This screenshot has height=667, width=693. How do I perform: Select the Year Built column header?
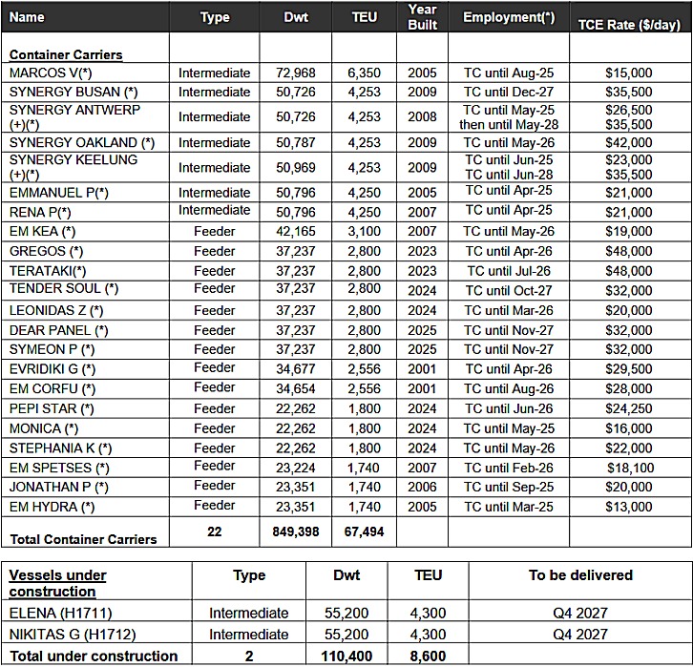(422, 16)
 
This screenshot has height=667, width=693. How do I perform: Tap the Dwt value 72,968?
(296, 73)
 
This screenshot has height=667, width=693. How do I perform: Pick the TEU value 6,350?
(364, 73)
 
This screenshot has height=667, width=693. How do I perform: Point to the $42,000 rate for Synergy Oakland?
(628, 142)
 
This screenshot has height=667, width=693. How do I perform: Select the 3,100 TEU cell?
(364, 231)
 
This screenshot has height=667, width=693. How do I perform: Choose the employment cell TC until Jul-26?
(510, 271)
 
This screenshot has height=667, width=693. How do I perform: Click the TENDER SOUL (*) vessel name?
(64, 288)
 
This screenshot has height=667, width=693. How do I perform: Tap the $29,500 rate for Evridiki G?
(628, 368)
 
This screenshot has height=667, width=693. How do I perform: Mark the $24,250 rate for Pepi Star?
(628, 408)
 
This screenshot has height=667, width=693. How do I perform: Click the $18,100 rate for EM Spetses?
(628, 468)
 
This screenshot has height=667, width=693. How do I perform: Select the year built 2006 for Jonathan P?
(422, 487)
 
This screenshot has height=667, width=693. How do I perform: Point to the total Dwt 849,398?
(296, 532)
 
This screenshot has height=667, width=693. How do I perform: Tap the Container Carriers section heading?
(66, 54)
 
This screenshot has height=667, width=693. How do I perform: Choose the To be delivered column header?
(580, 575)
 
